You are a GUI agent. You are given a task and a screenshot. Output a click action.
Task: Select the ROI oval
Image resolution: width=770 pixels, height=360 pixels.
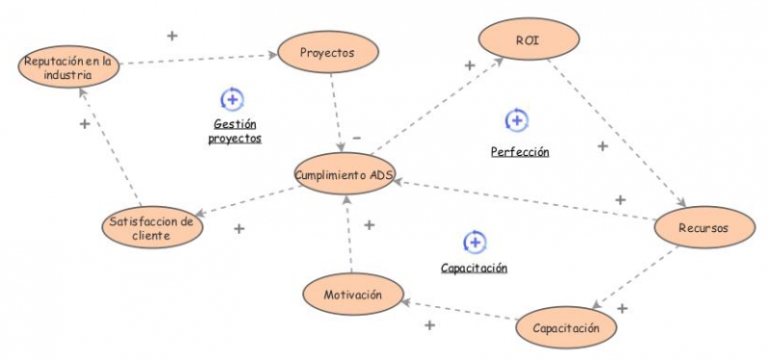point(527,40)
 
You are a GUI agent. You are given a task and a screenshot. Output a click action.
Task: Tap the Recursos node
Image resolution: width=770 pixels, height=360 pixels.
point(702,228)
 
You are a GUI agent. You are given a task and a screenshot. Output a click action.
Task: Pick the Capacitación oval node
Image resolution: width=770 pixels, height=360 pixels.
point(565,328)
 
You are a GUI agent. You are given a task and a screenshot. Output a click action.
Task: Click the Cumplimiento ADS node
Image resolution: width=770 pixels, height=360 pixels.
point(345,174)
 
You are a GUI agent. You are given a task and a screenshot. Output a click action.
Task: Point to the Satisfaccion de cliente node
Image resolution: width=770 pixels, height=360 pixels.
point(150,227)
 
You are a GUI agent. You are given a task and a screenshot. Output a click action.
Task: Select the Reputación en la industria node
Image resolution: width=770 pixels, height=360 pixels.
point(67,67)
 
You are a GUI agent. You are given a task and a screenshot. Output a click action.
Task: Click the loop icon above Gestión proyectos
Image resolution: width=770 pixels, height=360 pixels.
point(233,98)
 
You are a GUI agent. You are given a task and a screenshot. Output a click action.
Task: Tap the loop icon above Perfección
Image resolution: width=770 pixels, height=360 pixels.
point(517,120)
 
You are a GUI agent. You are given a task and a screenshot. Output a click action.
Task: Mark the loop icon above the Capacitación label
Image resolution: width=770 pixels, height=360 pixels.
point(474,242)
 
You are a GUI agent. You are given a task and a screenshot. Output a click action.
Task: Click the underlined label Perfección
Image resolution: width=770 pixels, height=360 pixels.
point(519,152)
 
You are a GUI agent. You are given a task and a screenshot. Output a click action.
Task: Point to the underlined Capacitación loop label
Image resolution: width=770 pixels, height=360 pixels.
point(474,269)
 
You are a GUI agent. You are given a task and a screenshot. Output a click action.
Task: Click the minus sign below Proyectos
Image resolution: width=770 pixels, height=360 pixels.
point(356,138)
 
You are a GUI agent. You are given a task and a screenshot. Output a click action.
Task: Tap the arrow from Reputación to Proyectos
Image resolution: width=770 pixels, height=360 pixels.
point(197,60)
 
